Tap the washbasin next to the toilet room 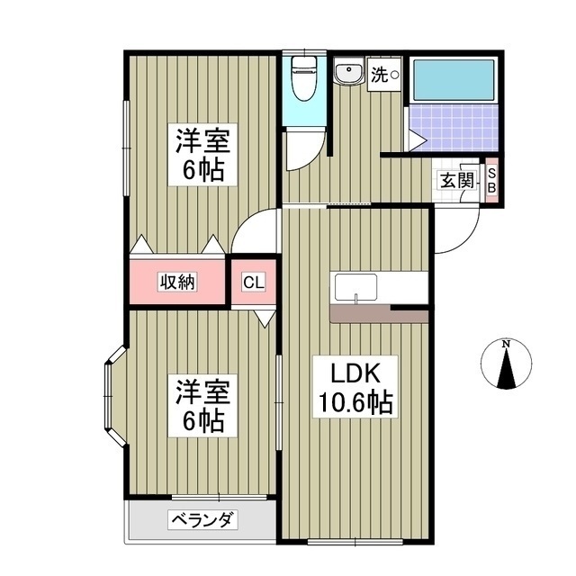coord(346,74)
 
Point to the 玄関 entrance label coord(456,180)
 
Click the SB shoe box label coord(491,181)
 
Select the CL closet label coord(254,282)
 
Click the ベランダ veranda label coord(202,520)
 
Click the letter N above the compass coord(507,345)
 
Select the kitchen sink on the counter coord(356,288)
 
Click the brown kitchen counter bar coord(378,314)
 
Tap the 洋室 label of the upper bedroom coord(203,141)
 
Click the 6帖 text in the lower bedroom coord(203,418)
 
